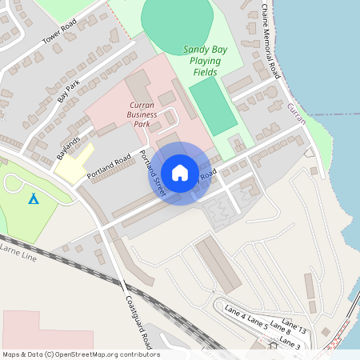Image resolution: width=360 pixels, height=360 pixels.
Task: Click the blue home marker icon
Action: click(x=180, y=172)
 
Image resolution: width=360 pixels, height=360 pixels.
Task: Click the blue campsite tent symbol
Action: click(x=33, y=198)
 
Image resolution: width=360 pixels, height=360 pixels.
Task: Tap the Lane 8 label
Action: click(x=280, y=329)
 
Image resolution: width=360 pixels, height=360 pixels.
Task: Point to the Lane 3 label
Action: click(x=290, y=343)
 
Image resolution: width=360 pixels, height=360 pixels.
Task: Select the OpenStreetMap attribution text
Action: click(x=80, y=354)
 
